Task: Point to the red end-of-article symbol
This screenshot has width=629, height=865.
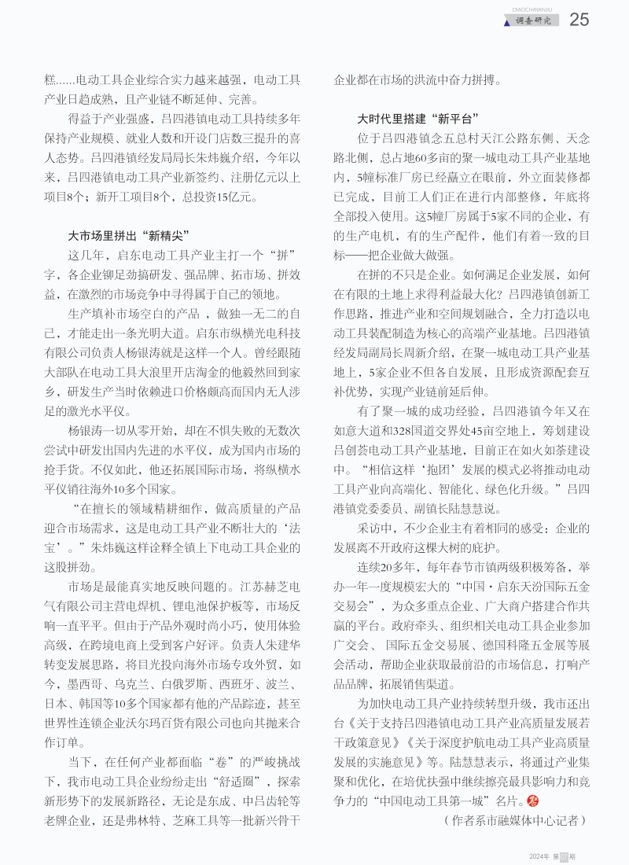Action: pos(531,801)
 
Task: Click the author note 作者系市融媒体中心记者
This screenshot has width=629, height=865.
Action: pos(509,820)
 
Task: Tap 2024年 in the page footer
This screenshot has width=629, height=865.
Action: pos(539,856)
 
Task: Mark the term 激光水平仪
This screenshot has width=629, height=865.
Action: pos(93,411)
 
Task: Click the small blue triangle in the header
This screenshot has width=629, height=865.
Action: pos(506,22)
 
